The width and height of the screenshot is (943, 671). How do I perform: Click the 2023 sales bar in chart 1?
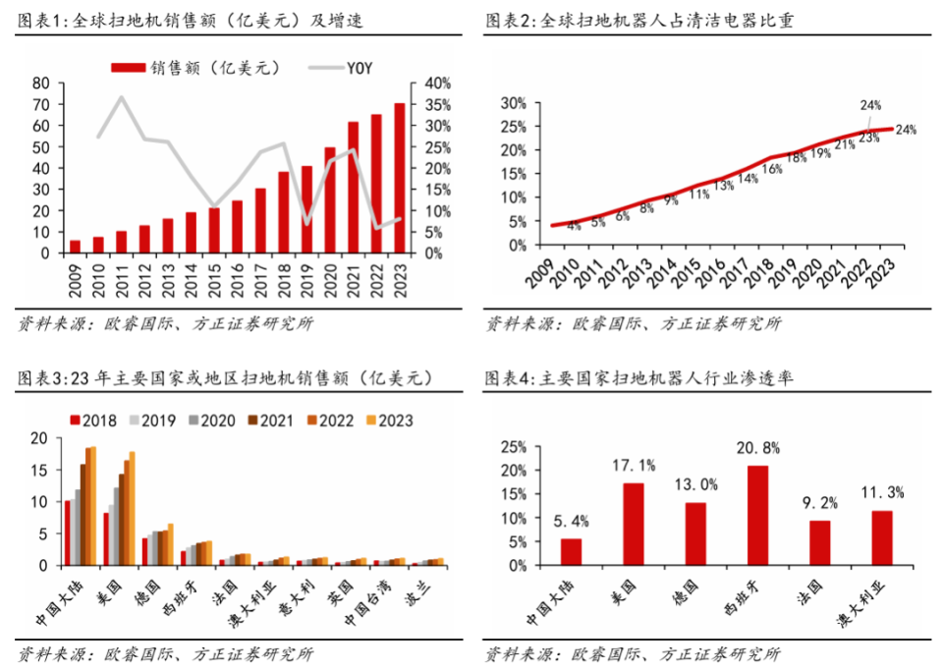400,178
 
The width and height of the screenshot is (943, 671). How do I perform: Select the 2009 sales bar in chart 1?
75,247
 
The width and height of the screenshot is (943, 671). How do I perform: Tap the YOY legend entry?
345,68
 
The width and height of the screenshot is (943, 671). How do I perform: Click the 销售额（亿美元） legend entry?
195,68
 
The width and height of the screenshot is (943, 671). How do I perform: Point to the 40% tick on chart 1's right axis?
438,84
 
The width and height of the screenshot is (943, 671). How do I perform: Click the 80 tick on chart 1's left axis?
41,84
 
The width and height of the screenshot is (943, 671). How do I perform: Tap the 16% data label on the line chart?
771,169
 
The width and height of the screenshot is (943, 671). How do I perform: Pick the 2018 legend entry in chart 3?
92,420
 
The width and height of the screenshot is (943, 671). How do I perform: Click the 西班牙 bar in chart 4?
757,516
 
